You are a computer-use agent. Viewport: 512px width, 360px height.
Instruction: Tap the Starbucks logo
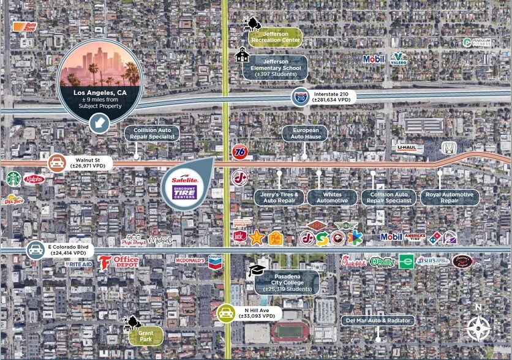[13, 178]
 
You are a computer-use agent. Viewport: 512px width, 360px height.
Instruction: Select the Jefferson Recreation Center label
[274, 37]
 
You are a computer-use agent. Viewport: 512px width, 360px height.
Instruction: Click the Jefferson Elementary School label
[274, 67]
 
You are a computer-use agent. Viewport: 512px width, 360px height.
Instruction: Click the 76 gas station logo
[240, 152]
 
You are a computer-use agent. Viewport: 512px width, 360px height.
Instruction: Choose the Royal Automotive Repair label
[449, 198]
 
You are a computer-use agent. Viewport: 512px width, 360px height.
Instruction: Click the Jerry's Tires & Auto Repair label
[279, 198]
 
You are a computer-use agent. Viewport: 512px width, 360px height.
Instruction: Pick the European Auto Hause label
[305, 133]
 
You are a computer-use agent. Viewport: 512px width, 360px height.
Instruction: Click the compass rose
[478, 328]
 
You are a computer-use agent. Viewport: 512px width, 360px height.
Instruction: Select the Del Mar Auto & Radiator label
[378, 320]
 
